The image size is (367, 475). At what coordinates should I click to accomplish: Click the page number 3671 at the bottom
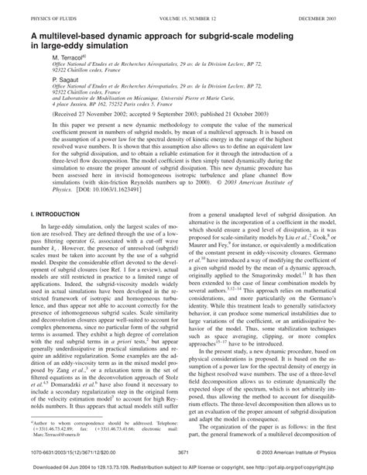(183, 452)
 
